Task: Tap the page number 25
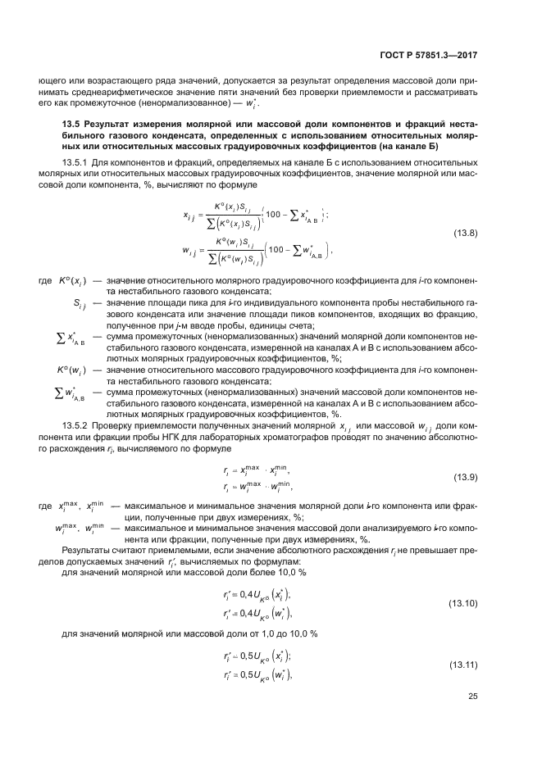[472, 697]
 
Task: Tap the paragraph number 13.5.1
[76, 163]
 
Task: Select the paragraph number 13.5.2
[76, 426]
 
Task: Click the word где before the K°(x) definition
[46, 281]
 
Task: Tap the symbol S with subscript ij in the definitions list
[78, 305]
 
